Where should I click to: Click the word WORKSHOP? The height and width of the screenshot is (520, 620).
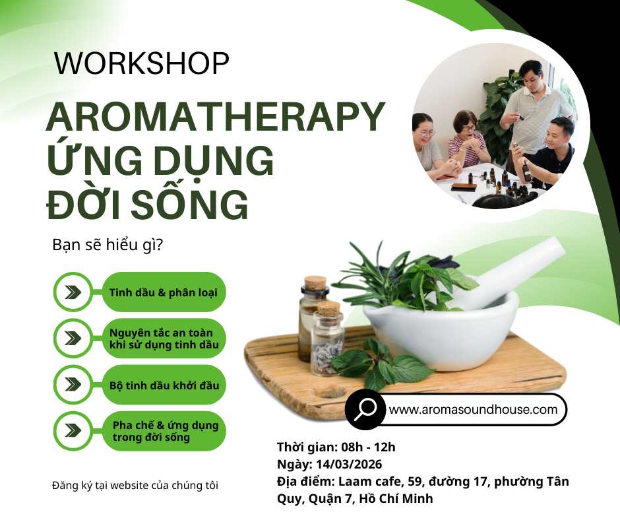[x=142, y=63]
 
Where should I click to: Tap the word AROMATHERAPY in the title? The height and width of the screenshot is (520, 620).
[x=215, y=117]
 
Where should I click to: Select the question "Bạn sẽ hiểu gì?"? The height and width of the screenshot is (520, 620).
[x=108, y=245]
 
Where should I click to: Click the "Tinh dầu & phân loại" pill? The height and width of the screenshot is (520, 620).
[x=164, y=292]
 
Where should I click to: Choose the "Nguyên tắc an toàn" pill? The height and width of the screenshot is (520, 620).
[x=164, y=339]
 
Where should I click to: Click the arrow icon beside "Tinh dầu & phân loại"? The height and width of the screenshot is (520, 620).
[x=74, y=292]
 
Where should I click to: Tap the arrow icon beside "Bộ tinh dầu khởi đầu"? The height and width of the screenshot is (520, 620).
[x=74, y=385]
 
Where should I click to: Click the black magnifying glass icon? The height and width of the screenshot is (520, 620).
[x=365, y=409]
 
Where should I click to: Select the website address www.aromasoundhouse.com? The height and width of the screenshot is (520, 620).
[x=474, y=410]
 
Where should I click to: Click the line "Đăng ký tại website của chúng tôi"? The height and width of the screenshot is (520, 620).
[x=135, y=486]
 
